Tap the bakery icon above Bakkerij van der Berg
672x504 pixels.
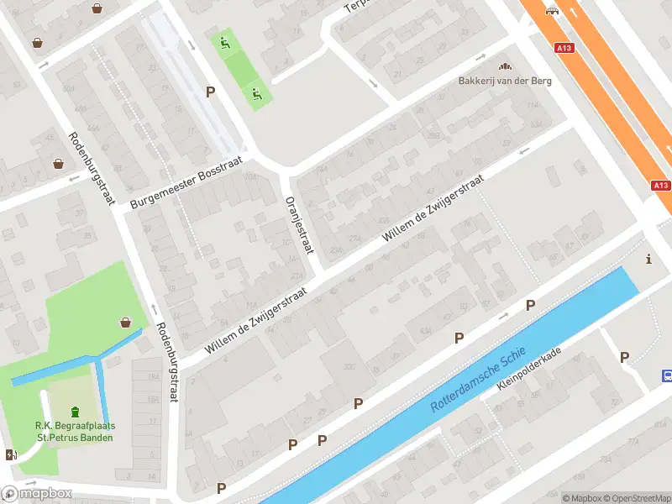pos(505,66)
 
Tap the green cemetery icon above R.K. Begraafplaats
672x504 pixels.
pos(76,412)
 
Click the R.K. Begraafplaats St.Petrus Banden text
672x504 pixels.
pos(76,431)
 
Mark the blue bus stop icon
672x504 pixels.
pos(667,375)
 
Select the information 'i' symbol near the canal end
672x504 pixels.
pos(648,260)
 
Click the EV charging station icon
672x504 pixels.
pos(11,454)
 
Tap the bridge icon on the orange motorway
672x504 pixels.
pos(551,10)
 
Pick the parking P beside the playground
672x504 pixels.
pos(211,92)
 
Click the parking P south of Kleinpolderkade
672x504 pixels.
pos(624,357)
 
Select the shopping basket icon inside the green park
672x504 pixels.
pos(126,322)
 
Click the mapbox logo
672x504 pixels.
pos(37,493)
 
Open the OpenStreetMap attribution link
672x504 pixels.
pos(636,498)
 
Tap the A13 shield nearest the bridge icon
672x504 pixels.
pos(564,49)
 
